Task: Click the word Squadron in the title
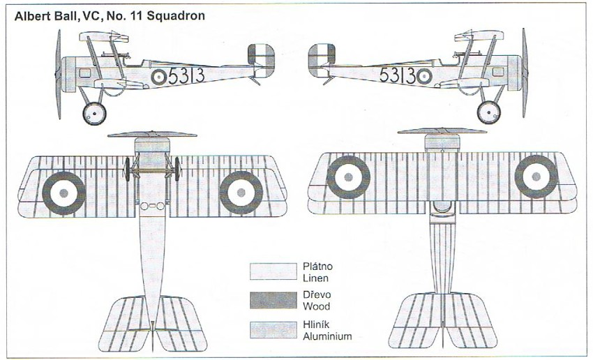pyautogui.click(x=172, y=15)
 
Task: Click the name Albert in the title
pyautogui.click(x=32, y=15)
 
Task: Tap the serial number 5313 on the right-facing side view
pyautogui.click(x=397, y=75)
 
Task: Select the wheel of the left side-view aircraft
pyautogui.click(x=93, y=112)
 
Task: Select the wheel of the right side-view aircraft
pyautogui.click(x=489, y=112)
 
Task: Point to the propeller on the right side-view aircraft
pyautogui.click(x=525, y=73)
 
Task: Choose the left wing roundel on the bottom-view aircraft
pyautogui.click(x=349, y=177)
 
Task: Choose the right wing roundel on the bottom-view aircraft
pyautogui.click(x=536, y=177)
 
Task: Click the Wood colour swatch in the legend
pyautogui.click(x=273, y=301)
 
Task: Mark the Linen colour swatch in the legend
pyautogui.click(x=273, y=271)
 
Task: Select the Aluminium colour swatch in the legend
pyautogui.click(x=273, y=331)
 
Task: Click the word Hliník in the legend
pyautogui.click(x=317, y=326)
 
